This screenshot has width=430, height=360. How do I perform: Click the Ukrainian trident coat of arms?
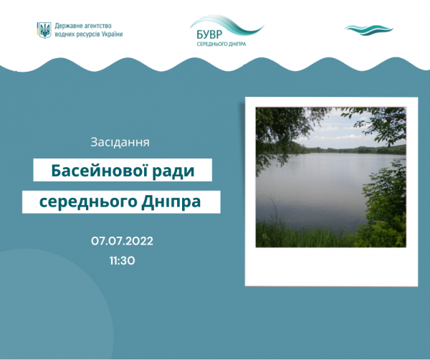point(44,30)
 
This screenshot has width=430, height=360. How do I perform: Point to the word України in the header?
point(112,34)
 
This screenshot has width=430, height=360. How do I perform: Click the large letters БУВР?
point(209,34)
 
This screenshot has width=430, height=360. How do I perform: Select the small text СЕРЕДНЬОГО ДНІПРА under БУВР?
point(221,44)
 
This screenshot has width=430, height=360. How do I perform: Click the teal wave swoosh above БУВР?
point(226,25)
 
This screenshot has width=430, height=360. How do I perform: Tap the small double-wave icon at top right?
point(368,30)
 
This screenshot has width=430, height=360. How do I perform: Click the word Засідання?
point(120,142)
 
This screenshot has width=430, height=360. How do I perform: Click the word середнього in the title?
point(88,202)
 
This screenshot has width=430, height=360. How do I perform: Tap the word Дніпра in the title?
point(171,202)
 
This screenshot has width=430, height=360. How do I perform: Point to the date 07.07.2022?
point(122,241)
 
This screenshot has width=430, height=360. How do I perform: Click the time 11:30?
point(122,260)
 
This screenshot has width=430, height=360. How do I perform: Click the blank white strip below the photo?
point(331,266)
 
